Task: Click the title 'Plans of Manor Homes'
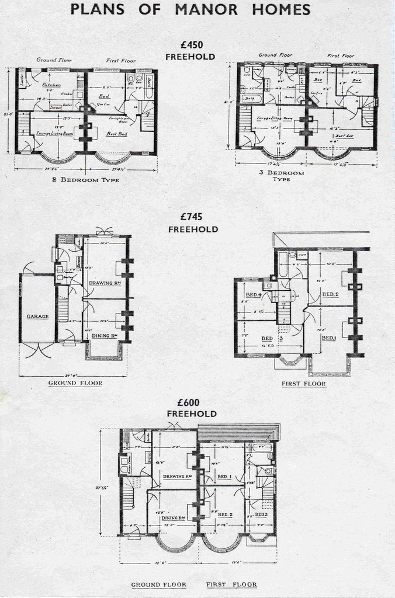[x=190, y=9]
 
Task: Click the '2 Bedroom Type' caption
[x=85, y=180]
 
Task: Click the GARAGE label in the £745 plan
[x=37, y=317]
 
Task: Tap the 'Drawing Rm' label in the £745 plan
[x=105, y=283]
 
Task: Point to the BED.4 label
[x=254, y=294]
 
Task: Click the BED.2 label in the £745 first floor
[x=330, y=294]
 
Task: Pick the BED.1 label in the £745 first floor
[x=328, y=338]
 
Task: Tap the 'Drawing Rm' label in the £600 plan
[x=178, y=477]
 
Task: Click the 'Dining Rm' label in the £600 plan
[x=174, y=518]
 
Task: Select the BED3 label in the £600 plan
[x=261, y=514]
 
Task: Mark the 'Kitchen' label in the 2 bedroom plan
[x=52, y=85]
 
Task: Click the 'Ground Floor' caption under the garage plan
[x=75, y=383]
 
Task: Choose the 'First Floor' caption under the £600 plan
[x=231, y=584]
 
